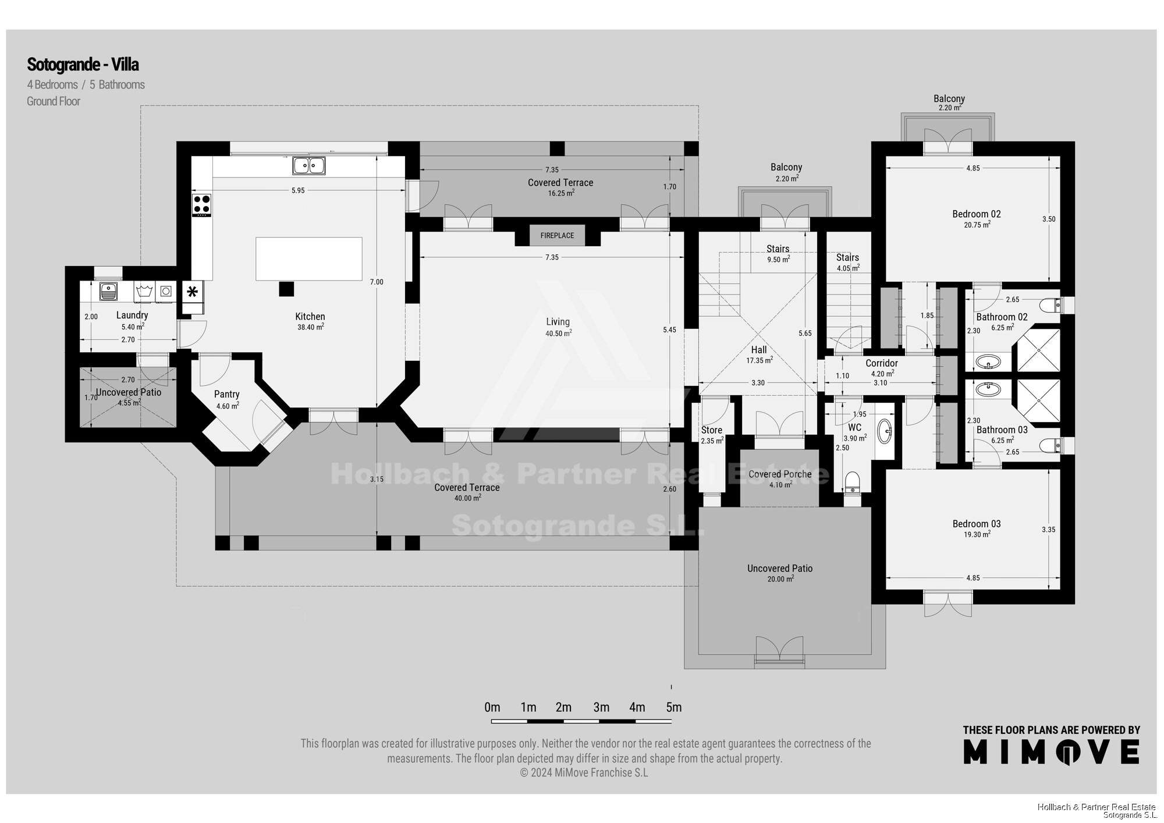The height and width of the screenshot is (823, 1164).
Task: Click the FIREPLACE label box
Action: pyautogui.click(x=557, y=235)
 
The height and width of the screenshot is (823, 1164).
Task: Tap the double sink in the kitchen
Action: pyautogui.click(x=309, y=166)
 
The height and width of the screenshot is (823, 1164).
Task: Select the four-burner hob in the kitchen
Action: pyautogui.click(x=202, y=205)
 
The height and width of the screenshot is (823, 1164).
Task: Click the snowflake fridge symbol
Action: pyautogui.click(x=192, y=292)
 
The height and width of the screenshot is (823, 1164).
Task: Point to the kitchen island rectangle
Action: pyautogui.click(x=309, y=259)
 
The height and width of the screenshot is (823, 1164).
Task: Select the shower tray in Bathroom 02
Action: pyautogui.click(x=1039, y=350)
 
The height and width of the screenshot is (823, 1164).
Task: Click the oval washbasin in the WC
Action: pyautogui.click(x=885, y=431)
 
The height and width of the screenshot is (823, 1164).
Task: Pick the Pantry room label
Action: pyautogui.click(x=227, y=395)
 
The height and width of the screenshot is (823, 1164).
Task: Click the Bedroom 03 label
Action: pyautogui.click(x=977, y=524)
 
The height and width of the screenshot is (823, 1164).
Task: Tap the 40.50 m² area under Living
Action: pyautogui.click(x=559, y=333)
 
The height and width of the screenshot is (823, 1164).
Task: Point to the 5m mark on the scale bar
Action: pyautogui.click(x=674, y=707)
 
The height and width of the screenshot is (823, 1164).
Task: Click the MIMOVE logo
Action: pyautogui.click(x=1051, y=751)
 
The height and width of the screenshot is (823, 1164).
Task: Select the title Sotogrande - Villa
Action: pyautogui.click(x=83, y=64)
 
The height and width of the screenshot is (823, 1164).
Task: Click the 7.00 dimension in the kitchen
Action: pyautogui.click(x=377, y=282)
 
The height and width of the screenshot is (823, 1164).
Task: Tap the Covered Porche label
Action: pyautogui.click(x=780, y=474)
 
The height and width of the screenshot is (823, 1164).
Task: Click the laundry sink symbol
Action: pyautogui.click(x=109, y=291)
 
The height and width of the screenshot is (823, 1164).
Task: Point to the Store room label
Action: pyautogui.click(x=711, y=430)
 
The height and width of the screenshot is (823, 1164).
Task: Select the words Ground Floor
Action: pyautogui.click(x=54, y=101)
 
